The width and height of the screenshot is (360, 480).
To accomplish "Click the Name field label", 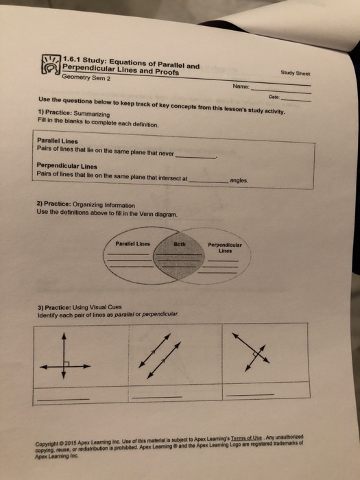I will pyautogui.click(x=241, y=87).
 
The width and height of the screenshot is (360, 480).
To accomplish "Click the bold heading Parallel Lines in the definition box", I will pyautogui.click(x=56, y=141).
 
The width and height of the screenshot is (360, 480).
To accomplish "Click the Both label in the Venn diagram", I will pyautogui.click(x=180, y=243).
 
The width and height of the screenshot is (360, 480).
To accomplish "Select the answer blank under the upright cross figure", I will pyautogui.click(x=63, y=398).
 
